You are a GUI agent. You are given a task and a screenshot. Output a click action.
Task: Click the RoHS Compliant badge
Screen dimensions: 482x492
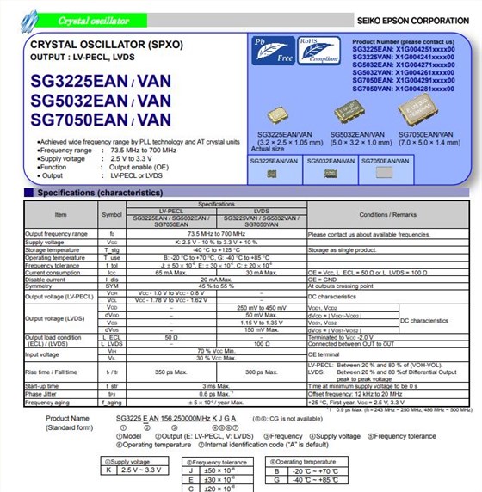308,51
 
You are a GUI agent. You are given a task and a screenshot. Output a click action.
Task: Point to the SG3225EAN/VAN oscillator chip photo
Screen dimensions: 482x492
279,113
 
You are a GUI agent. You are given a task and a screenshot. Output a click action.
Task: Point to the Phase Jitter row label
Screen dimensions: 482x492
42,395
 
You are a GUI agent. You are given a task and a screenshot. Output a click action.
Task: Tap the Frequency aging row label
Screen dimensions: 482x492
47,403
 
